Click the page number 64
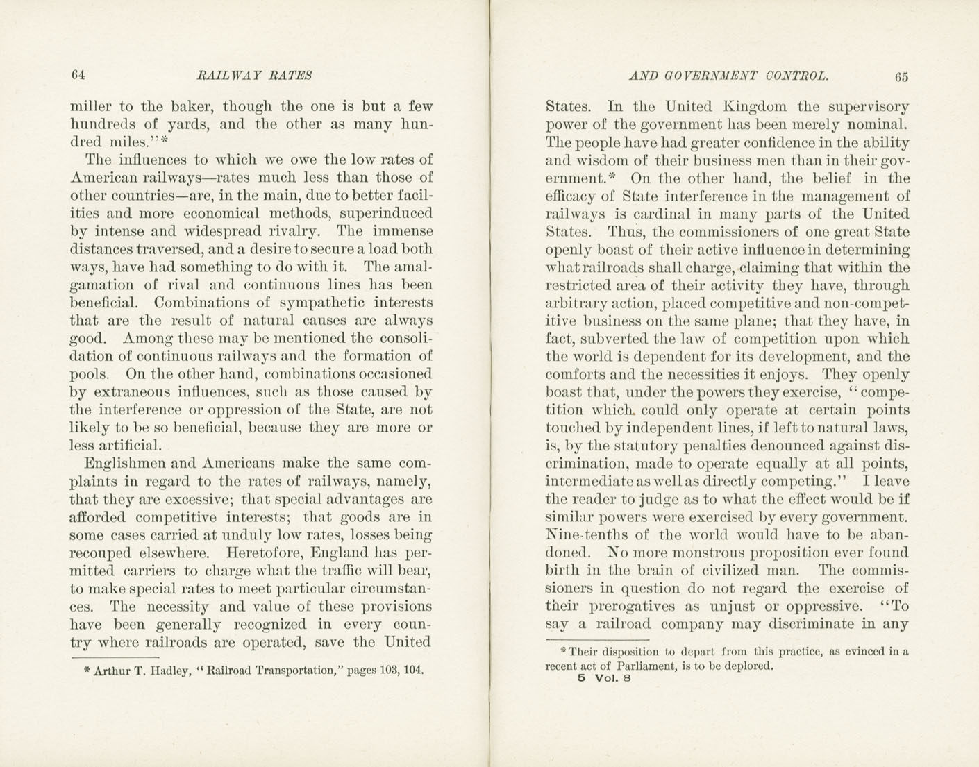(77, 75)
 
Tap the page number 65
(901, 76)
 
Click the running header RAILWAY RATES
(255, 75)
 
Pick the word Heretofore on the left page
(267, 553)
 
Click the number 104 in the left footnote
(411, 671)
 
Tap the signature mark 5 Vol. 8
(603, 679)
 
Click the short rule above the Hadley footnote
(115, 657)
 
